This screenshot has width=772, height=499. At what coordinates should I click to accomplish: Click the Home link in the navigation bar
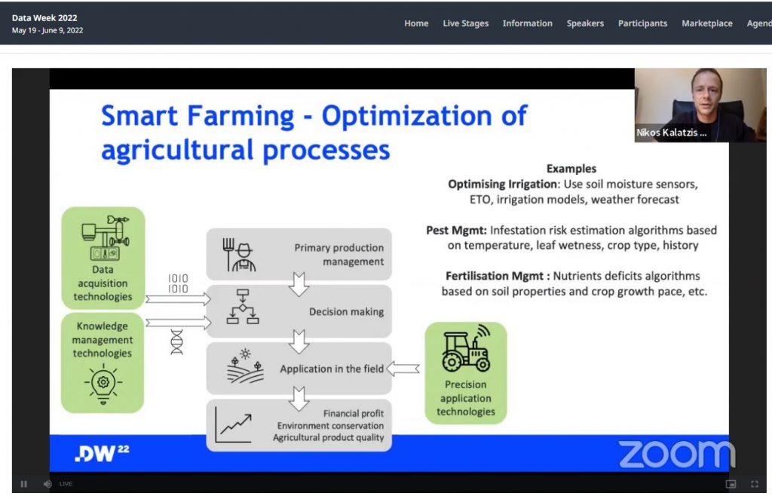[x=416, y=23]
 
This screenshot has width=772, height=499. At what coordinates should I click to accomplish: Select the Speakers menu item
[x=585, y=23]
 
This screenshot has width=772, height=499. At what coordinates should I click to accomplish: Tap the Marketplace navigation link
[x=707, y=23]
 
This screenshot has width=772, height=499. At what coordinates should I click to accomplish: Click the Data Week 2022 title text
[x=44, y=18]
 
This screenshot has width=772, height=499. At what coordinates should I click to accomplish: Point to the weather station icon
[x=106, y=237]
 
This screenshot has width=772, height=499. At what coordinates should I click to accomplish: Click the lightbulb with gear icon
[x=103, y=384]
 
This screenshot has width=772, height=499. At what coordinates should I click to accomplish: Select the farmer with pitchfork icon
[x=239, y=255]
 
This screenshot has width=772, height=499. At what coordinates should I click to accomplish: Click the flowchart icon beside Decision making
[x=242, y=306]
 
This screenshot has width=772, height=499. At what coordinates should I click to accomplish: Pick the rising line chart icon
[x=234, y=425]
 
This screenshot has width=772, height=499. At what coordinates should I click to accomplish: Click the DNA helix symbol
[x=176, y=341]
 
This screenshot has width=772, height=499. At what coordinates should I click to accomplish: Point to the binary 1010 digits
[x=178, y=283]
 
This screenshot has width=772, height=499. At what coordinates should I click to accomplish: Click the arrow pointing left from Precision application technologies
[x=403, y=368]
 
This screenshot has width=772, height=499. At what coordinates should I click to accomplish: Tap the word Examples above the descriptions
[x=571, y=169]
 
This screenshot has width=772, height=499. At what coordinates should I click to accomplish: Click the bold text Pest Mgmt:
[x=456, y=231]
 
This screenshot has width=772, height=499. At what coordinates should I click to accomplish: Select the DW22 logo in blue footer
[x=102, y=453]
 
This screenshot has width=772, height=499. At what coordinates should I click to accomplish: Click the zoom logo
[x=676, y=454]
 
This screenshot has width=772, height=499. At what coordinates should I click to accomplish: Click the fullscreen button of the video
[x=754, y=484]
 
